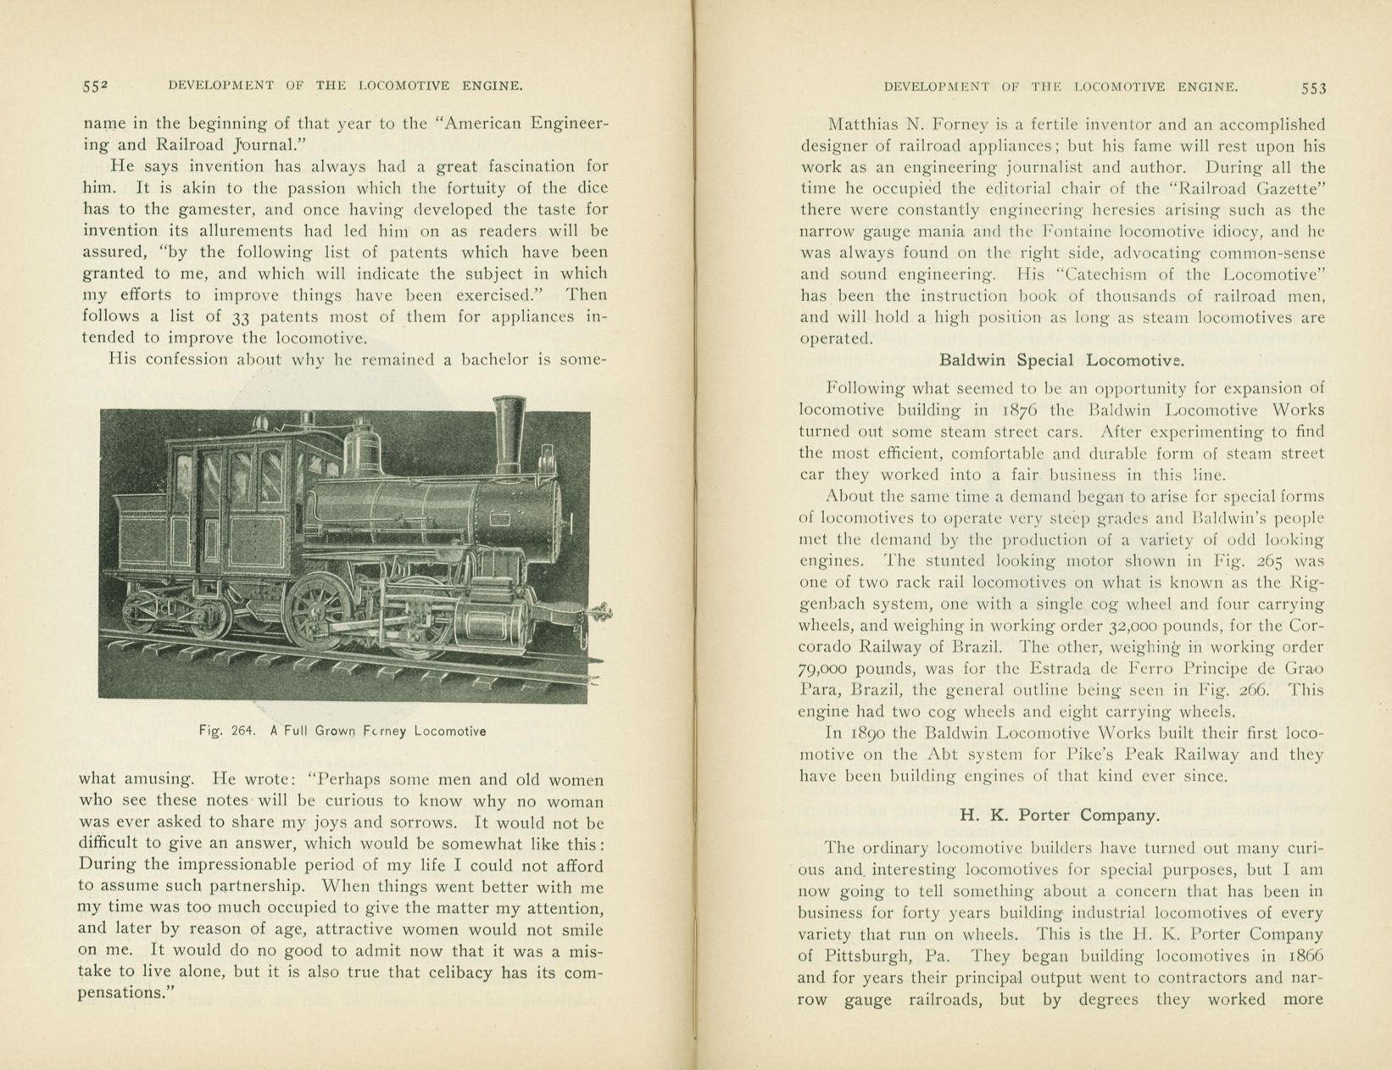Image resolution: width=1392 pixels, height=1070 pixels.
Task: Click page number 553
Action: point(1313,87)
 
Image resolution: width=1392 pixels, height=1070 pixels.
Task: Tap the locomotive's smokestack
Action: point(509,432)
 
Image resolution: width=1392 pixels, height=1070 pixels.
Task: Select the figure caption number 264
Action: point(242,731)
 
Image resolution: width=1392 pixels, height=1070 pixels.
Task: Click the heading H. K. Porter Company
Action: point(1060,816)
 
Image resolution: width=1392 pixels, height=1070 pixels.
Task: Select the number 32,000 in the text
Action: point(1139,627)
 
